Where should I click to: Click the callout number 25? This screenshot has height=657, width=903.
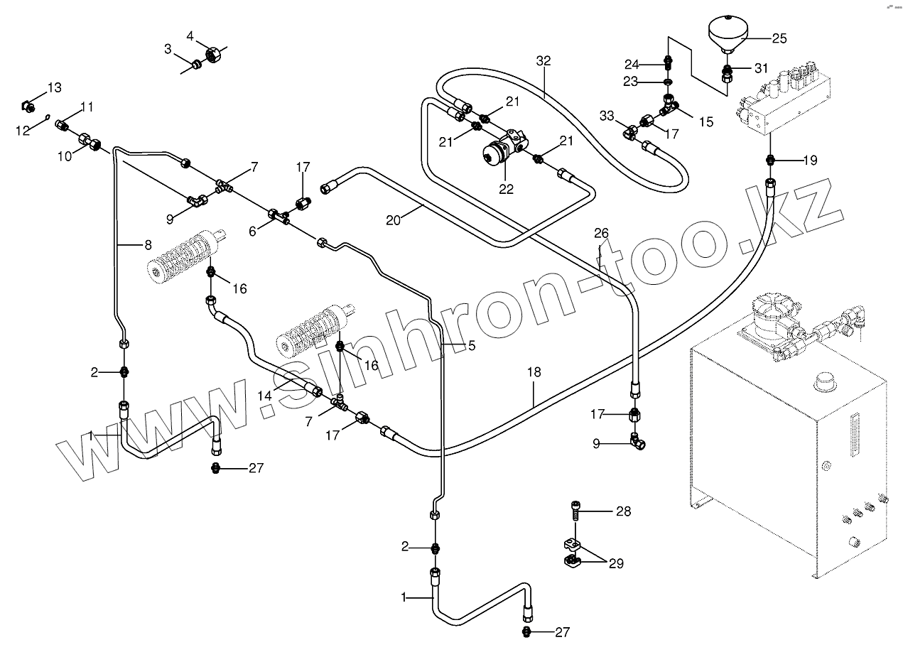779,38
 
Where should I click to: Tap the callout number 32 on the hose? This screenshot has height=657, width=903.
544,61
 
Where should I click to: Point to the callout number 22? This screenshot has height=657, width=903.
505,188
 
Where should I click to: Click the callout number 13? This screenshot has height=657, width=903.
55,87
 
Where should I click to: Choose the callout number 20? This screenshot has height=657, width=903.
394,219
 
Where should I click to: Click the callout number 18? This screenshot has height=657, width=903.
534,371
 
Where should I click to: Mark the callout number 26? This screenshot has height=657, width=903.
601,232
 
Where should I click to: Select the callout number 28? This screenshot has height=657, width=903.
623,511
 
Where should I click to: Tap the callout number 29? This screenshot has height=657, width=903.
615,563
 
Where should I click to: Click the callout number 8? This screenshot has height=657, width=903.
148,245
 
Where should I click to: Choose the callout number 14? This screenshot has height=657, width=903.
265,394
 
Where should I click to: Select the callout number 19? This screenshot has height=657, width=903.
810,161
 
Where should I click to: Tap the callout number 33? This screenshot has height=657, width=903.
606,114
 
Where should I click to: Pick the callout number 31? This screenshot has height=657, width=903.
761,68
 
